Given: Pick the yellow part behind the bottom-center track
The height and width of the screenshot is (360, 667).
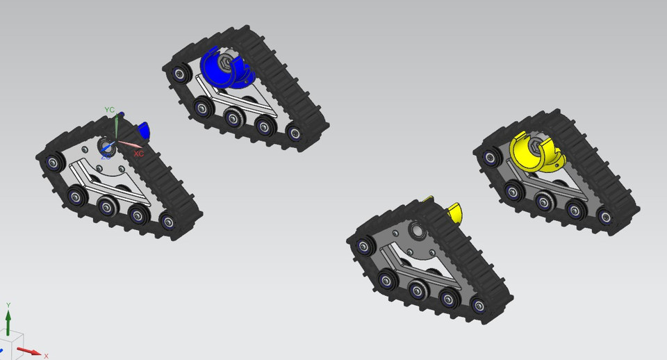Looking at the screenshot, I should [455, 211].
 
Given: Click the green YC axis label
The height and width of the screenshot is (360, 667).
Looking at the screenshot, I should [109, 110].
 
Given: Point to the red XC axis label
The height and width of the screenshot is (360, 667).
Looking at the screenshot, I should [139, 154].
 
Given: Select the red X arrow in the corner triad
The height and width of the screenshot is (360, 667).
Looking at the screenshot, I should [29, 351].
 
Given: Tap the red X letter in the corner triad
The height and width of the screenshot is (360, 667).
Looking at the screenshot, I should [46, 355].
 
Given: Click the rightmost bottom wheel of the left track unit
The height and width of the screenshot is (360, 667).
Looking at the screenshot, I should [167, 222].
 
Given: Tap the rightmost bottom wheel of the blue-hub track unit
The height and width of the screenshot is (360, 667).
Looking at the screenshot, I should [294, 133].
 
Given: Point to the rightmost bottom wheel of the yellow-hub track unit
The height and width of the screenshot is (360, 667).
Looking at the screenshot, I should [604, 217].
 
